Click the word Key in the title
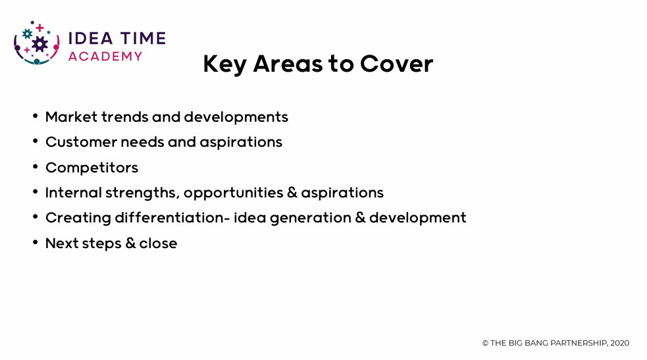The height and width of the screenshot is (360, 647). [224, 64]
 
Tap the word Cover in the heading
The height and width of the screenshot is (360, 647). [396, 64]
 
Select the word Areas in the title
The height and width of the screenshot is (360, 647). [288, 64]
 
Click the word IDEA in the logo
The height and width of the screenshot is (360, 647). [90, 38]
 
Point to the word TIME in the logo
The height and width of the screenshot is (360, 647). [142, 38]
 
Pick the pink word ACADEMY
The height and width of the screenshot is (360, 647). [105, 56]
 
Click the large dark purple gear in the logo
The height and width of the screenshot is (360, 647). [39, 44]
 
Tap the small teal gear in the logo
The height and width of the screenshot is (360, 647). [27, 34]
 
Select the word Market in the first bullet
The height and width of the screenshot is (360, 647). [71, 117]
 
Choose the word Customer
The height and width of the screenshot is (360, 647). [82, 142]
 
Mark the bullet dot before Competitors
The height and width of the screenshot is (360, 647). [36, 167]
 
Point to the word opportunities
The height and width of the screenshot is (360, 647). [233, 193]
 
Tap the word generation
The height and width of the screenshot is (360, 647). [310, 218]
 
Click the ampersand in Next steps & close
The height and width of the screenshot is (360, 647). [130, 244]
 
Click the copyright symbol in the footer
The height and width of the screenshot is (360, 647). [485, 343]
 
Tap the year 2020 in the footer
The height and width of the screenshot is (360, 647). [620, 343]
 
